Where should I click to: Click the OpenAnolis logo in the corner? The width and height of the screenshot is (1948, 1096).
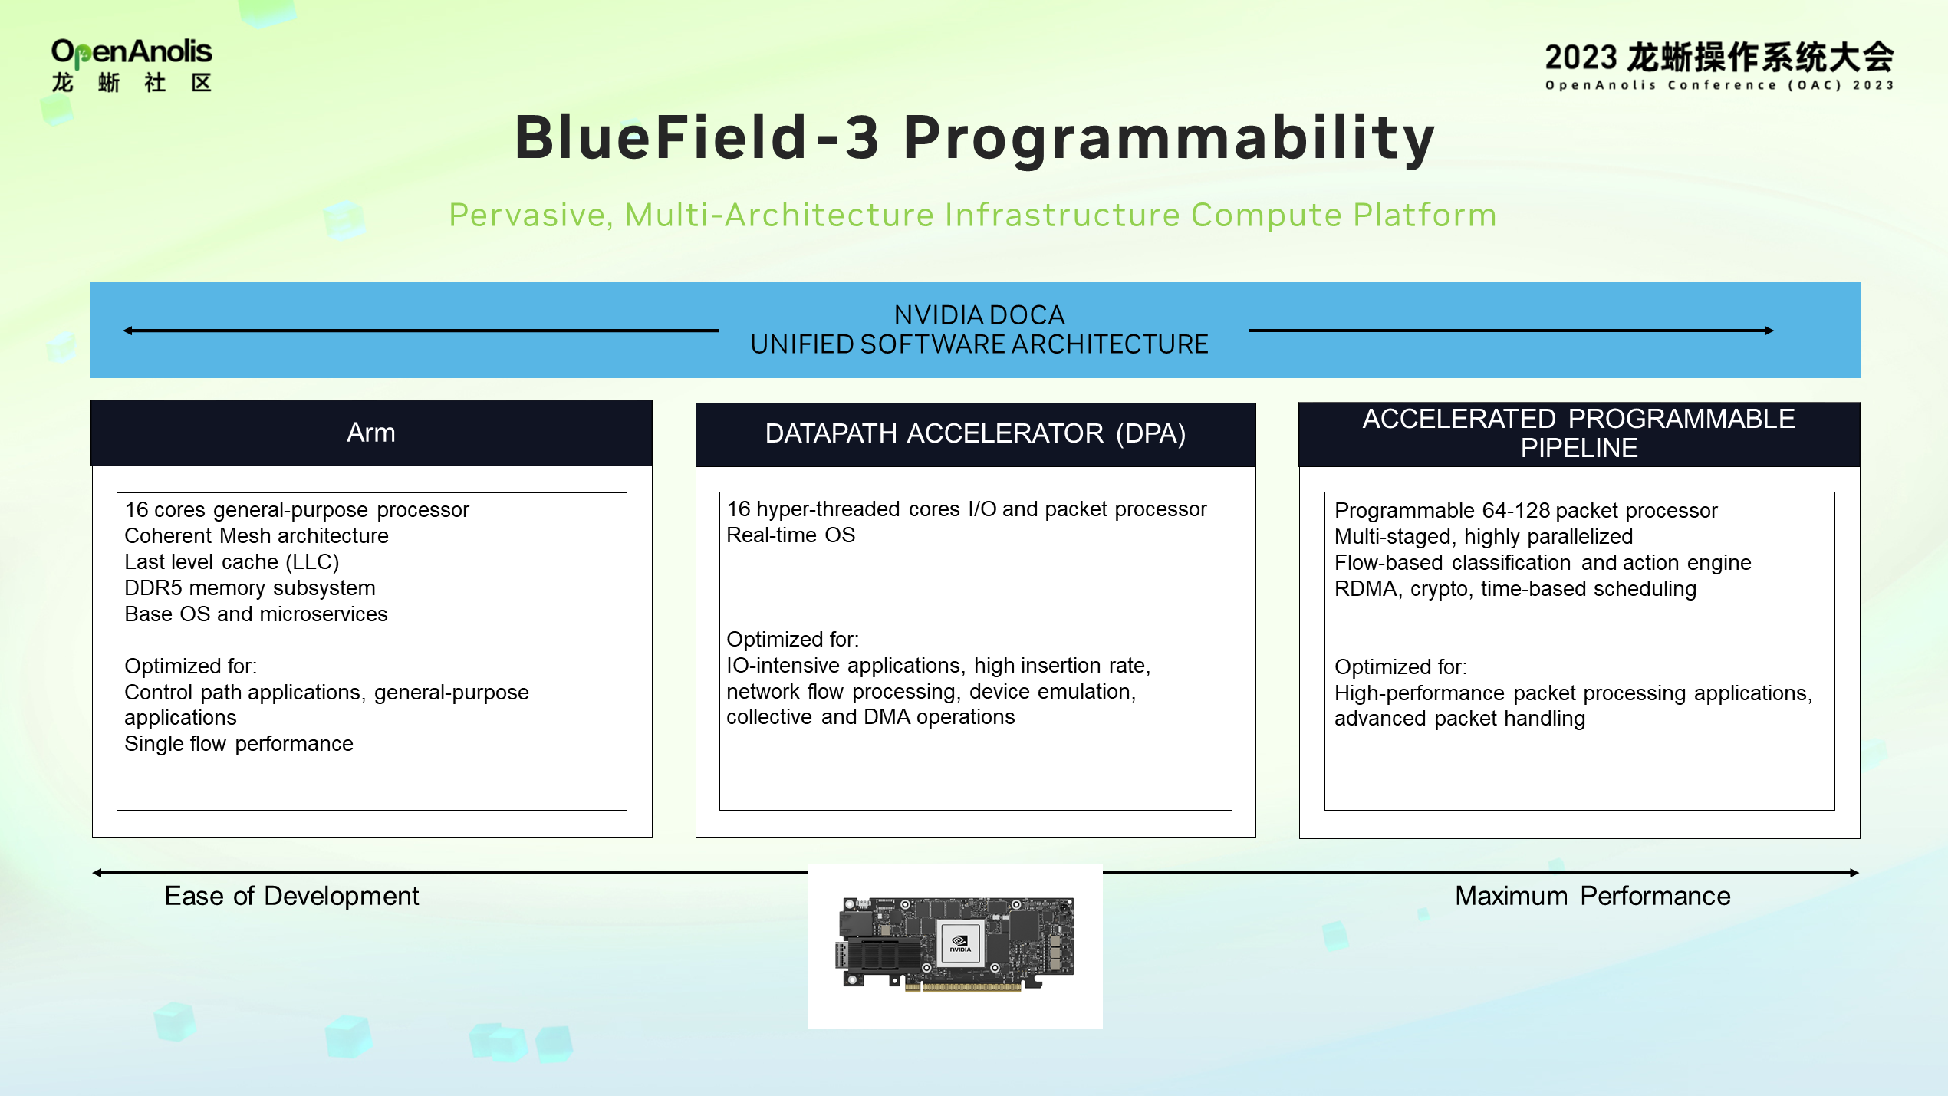point(131,65)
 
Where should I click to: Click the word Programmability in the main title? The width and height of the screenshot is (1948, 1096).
point(1168,138)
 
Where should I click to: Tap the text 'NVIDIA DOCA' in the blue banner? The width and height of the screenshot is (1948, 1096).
point(979,315)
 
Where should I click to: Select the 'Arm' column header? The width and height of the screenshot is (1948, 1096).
point(371,433)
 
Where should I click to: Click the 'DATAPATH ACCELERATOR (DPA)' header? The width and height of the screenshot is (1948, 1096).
point(975,434)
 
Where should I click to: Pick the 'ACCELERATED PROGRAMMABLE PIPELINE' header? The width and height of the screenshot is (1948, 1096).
point(1578,433)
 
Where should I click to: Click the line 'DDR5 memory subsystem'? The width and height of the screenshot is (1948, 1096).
point(250,588)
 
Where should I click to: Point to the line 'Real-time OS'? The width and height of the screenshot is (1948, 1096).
point(790,535)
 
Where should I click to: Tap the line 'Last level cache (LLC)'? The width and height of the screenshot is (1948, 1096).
point(232,562)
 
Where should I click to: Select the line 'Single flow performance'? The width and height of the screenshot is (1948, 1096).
point(239,744)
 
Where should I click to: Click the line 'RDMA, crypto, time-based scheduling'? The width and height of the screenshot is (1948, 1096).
point(1515,589)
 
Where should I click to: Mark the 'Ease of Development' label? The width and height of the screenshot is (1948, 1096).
point(291,896)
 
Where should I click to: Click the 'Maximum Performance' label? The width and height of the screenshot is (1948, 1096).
point(1592,896)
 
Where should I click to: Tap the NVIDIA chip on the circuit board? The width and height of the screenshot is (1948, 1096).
point(959,943)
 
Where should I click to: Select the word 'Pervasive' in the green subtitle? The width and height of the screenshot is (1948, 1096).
point(530,216)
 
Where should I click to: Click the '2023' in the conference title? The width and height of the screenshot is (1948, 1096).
point(1581,58)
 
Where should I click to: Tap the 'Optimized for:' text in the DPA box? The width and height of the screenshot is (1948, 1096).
point(792,640)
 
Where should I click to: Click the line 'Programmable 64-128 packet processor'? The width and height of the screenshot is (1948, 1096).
point(1525,511)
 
